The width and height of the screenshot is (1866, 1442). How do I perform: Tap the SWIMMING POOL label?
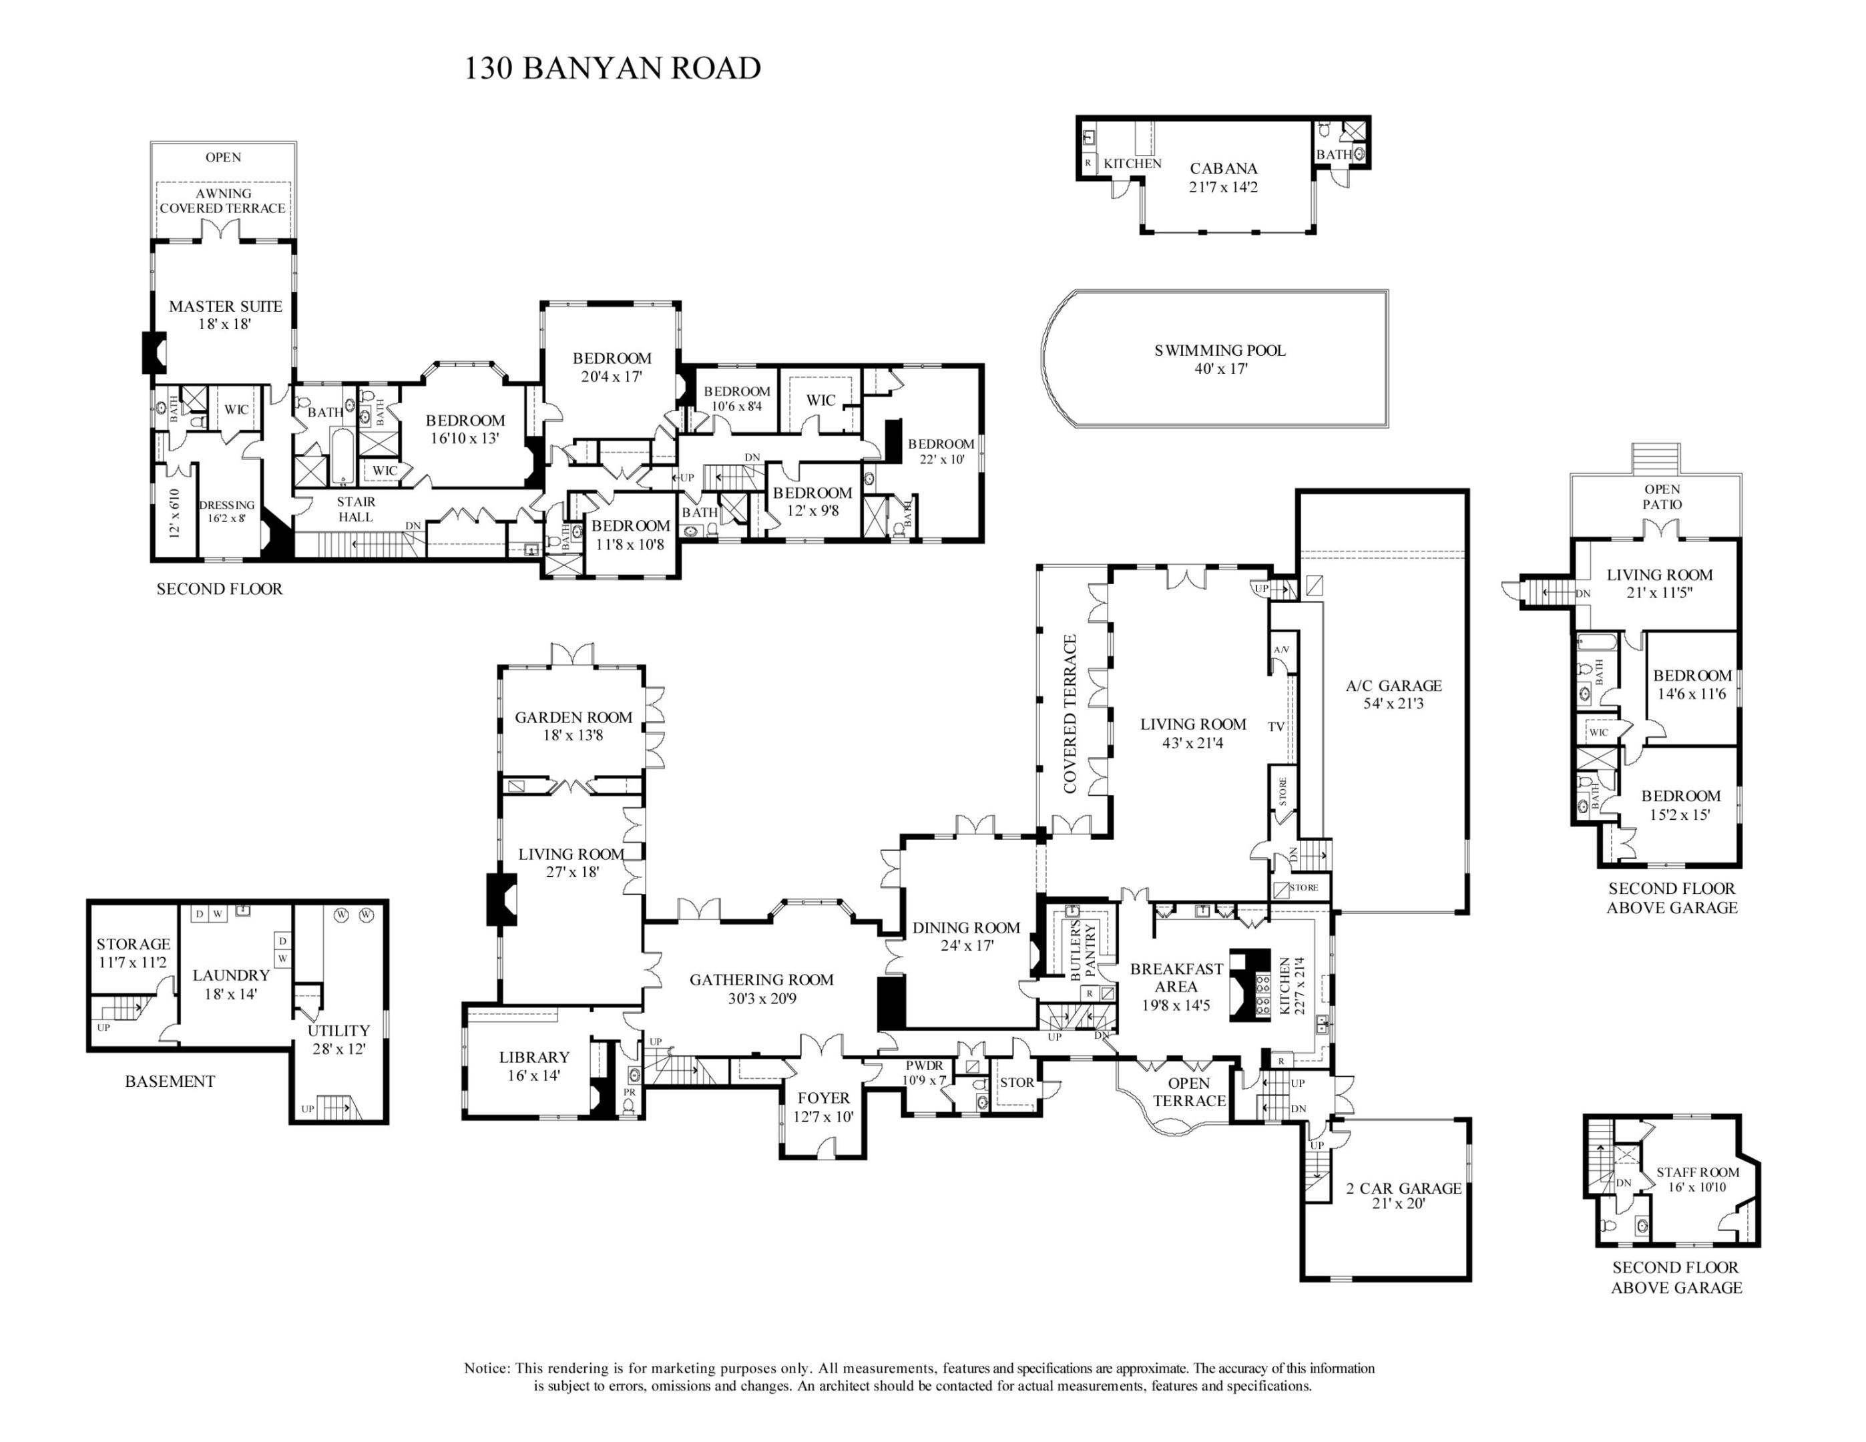(1219, 350)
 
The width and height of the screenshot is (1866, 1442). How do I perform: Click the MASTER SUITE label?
(225, 306)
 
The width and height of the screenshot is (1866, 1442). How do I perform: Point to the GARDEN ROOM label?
(573, 718)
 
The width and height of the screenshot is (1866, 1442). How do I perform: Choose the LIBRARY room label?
(534, 1057)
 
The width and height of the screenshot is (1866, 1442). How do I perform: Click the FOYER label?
(824, 1098)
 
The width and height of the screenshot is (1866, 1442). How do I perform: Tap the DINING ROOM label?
(965, 928)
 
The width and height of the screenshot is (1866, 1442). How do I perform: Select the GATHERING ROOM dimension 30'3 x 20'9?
(761, 998)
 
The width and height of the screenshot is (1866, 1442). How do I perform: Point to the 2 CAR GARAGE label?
(1404, 1188)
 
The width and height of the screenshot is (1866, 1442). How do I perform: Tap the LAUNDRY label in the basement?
(231, 975)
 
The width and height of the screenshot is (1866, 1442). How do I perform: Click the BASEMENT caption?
(170, 1081)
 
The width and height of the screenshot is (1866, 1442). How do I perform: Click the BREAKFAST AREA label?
(1176, 977)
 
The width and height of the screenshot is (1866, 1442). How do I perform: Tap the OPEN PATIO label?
(1662, 496)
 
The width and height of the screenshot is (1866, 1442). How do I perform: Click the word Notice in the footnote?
(486, 1368)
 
